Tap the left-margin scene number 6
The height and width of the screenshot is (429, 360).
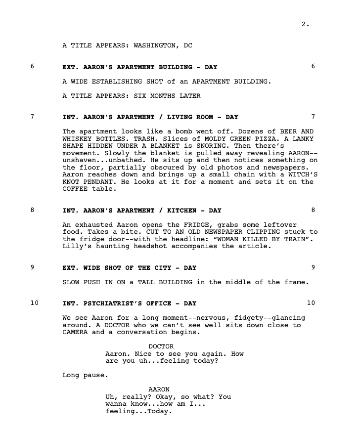(x=33, y=66)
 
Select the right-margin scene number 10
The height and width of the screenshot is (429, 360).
(x=311, y=302)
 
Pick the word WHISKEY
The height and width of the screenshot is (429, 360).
(x=77, y=139)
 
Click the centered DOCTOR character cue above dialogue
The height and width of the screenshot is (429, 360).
(x=161, y=346)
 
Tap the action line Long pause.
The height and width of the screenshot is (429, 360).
(x=84, y=375)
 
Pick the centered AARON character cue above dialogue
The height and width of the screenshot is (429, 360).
(x=159, y=389)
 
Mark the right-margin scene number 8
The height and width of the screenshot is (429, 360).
(x=313, y=210)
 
